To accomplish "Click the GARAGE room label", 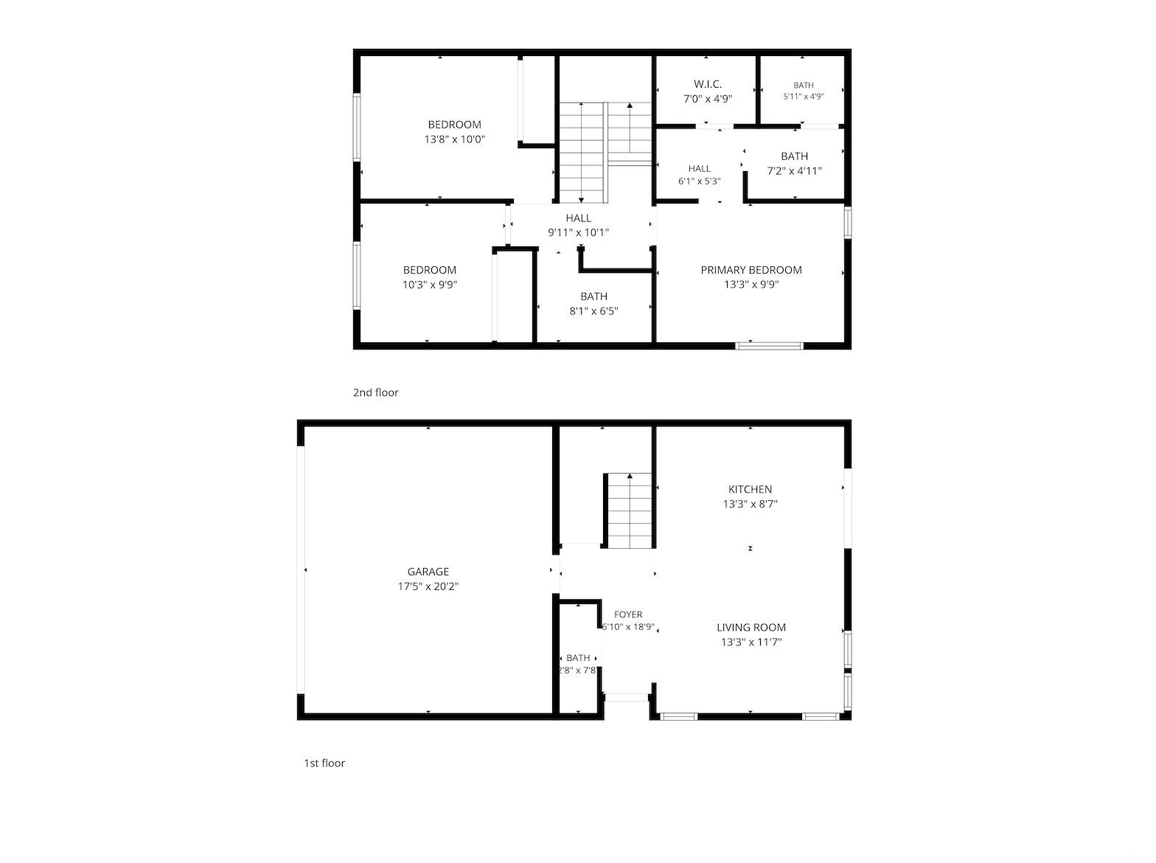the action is pos(428,572).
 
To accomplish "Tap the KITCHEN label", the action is pos(750,490).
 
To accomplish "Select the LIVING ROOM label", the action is pos(751,628).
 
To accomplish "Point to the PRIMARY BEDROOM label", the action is pos(751,270).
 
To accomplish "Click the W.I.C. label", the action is pos(707,84).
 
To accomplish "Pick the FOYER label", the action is pos(628,615).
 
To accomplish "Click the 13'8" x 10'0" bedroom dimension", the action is pos(454,139).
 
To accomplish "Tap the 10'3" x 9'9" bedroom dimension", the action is pos(430,285).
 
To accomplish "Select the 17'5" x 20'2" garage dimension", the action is pos(428,586).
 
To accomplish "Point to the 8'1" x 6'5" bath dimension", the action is pos(593,311).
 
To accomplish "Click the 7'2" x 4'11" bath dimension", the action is pos(794,171).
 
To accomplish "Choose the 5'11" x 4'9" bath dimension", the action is pos(803,97).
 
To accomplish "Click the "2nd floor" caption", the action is pos(375,392).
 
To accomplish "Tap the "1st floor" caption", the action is pos(324,763).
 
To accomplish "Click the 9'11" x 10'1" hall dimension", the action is pos(578,233).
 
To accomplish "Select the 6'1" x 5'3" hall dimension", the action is pos(699,181).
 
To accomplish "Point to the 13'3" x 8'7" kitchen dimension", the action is pos(750,505).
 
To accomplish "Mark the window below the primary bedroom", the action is pos(769,346).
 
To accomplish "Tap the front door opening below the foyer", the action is pos(626,698).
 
